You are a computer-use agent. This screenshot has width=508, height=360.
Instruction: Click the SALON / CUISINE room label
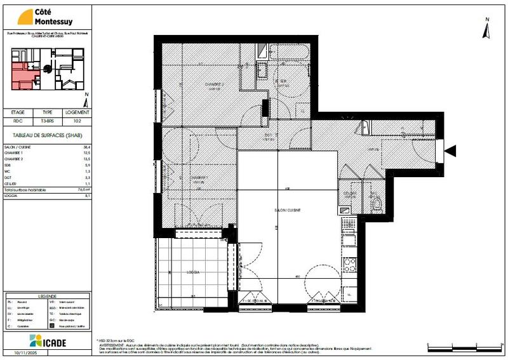(x=288, y=210)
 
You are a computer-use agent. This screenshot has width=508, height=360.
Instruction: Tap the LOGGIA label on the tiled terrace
(x=193, y=272)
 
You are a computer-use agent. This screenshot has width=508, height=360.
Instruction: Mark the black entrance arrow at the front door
(x=451, y=150)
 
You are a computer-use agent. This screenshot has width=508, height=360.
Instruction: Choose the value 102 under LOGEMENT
(x=77, y=120)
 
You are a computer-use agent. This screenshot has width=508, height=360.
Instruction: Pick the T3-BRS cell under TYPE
(x=48, y=120)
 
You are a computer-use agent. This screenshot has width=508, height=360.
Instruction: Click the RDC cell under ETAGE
(x=18, y=120)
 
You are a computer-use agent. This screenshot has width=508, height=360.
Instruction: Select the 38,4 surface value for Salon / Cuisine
(x=81, y=147)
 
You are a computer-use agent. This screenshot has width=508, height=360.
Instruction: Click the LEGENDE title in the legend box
(x=47, y=297)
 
